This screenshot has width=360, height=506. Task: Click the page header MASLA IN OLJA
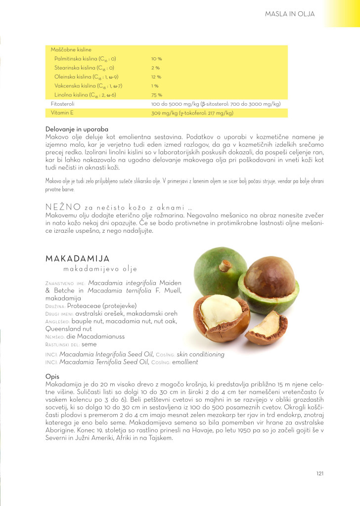pos(290,14)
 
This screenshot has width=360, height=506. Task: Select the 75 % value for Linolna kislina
pos(156,95)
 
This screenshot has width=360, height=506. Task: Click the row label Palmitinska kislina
pos(85,59)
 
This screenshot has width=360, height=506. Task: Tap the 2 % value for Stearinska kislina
pos(155,68)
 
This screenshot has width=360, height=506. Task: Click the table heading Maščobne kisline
pos(71,49)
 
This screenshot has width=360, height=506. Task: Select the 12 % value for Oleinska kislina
pos(156,77)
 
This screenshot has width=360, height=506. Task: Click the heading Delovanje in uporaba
pos(77,129)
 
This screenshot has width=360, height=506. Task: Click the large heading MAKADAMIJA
pos(77,259)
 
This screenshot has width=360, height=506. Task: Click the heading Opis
pos(52,376)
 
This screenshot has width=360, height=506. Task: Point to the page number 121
pos(320,473)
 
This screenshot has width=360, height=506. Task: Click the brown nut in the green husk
pos(270,278)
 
